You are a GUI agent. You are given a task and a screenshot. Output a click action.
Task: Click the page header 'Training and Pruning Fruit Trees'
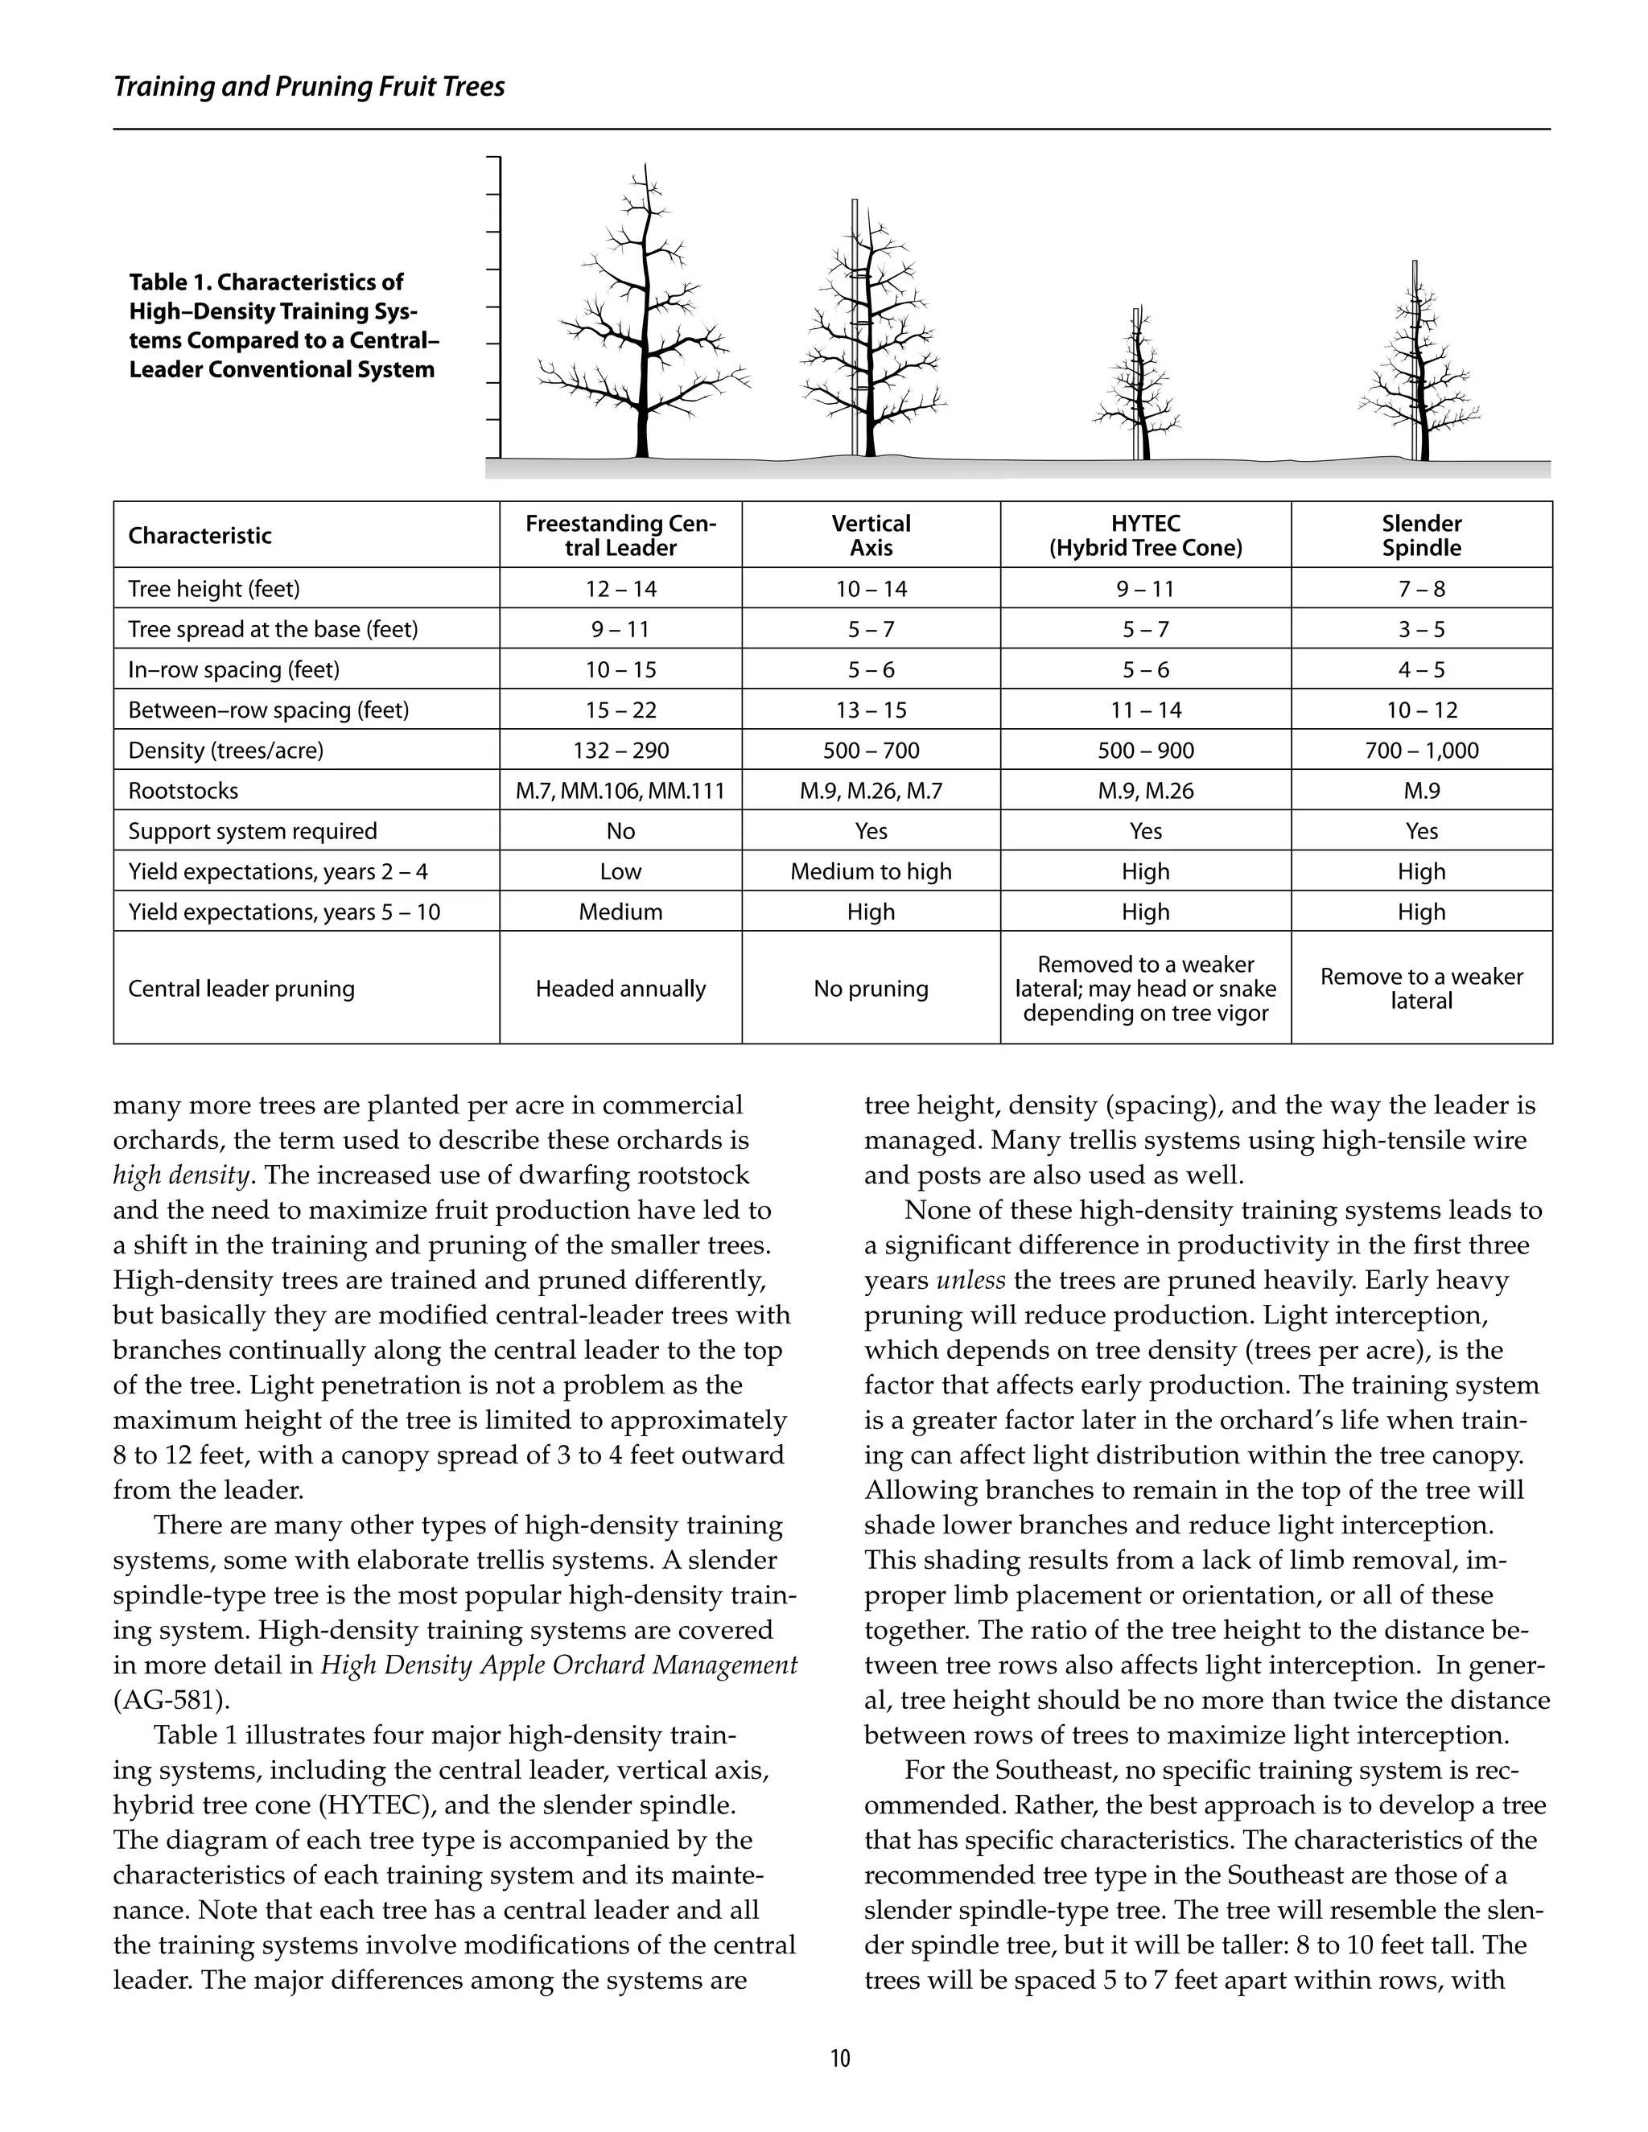pyautogui.click(x=308, y=87)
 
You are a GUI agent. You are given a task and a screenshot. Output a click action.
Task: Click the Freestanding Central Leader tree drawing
pyautogui.click(x=641, y=322)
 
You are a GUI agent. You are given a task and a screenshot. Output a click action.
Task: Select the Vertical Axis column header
pyautogui.click(x=870, y=535)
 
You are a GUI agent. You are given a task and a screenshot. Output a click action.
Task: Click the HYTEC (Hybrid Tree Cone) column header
pyautogui.click(x=1145, y=535)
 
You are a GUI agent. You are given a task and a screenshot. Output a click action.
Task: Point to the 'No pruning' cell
pyautogui.click(x=870, y=988)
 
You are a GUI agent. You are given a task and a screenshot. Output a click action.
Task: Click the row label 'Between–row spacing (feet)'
pyautogui.click(x=269, y=710)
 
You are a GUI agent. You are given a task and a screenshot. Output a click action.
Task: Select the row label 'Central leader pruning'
pyautogui.click(x=241, y=988)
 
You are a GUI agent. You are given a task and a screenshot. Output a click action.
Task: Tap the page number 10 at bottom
pyautogui.click(x=839, y=2059)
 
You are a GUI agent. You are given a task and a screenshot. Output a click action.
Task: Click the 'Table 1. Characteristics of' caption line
pyautogui.click(x=266, y=282)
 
